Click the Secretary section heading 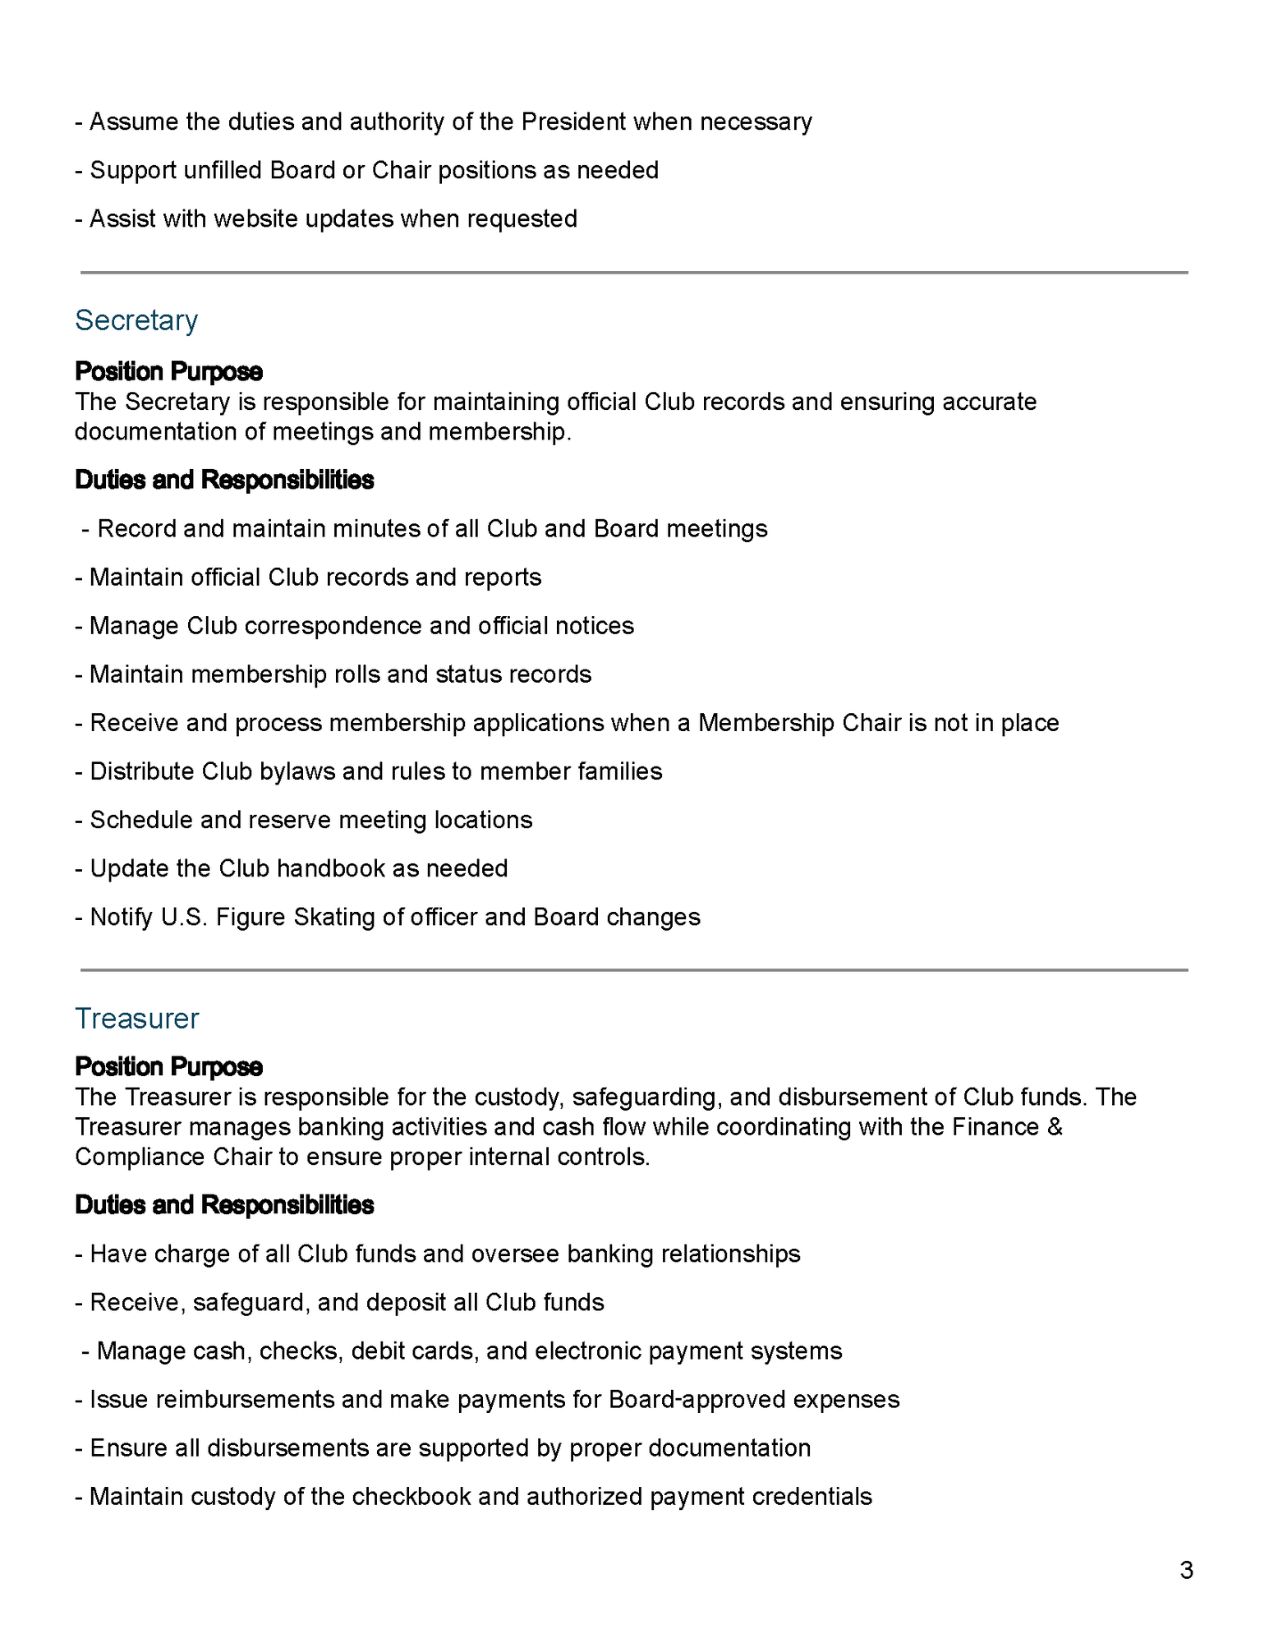coord(136,320)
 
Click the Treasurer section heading coord(137,1019)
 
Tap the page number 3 coord(1186,1571)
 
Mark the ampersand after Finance coord(1055,1127)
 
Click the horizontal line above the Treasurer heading coord(634,970)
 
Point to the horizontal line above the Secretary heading coord(634,273)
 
